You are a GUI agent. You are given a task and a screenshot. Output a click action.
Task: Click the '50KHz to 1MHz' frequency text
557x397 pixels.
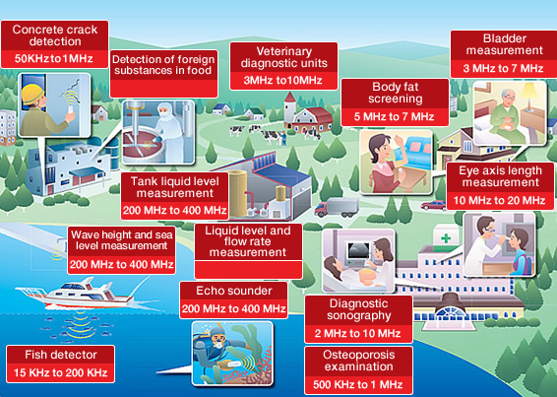coord(54,59)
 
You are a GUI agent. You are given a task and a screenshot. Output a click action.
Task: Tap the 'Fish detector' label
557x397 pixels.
coord(61,355)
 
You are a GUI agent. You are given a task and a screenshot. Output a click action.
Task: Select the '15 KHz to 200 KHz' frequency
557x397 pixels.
coord(61,372)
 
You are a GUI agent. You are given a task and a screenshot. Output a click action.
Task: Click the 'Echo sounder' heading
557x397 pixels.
coord(234,291)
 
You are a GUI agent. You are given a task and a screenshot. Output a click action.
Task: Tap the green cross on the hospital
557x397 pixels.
coord(446,238)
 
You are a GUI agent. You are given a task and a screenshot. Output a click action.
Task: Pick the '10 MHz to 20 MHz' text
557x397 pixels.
coord(500,200)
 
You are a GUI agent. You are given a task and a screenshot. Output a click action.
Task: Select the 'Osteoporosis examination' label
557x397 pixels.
coord(359,361)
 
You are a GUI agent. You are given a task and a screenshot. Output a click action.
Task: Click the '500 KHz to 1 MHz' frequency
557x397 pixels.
coord(358,384)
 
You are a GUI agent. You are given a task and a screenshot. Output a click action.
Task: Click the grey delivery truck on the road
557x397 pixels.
coord(337,208)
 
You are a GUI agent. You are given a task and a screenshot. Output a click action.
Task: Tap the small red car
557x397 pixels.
coord(433,205)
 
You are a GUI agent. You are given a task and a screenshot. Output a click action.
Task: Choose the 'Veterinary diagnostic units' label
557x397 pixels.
coord(283,57)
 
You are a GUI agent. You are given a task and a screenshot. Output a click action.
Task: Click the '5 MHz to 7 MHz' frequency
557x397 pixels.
coord(395,116)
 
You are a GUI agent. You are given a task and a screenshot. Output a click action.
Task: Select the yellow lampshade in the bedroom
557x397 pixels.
coord(530,91)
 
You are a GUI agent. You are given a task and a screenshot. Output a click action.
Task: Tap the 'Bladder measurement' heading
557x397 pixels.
coord(505,44)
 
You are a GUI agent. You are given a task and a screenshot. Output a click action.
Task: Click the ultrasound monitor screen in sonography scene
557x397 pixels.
coord(359,251)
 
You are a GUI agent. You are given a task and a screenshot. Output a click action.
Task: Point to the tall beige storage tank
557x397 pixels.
coord(237,193)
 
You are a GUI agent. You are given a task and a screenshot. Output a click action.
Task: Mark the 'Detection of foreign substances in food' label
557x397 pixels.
coord(163,64)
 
